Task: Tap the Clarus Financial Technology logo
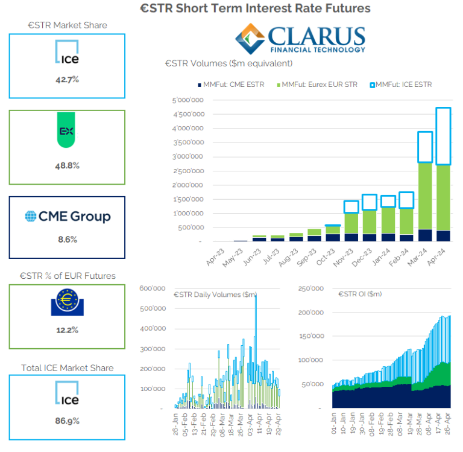[300, 39]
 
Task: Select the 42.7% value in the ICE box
[66, 80]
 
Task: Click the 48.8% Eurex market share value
[66, 165]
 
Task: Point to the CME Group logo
[68, 216]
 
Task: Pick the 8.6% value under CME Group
[66, 239]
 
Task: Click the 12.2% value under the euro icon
[66, 330]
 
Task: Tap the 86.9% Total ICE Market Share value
[66, 421]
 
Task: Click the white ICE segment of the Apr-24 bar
[443, 136]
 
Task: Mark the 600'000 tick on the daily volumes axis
[152, 288]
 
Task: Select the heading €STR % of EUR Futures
[66, 276]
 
